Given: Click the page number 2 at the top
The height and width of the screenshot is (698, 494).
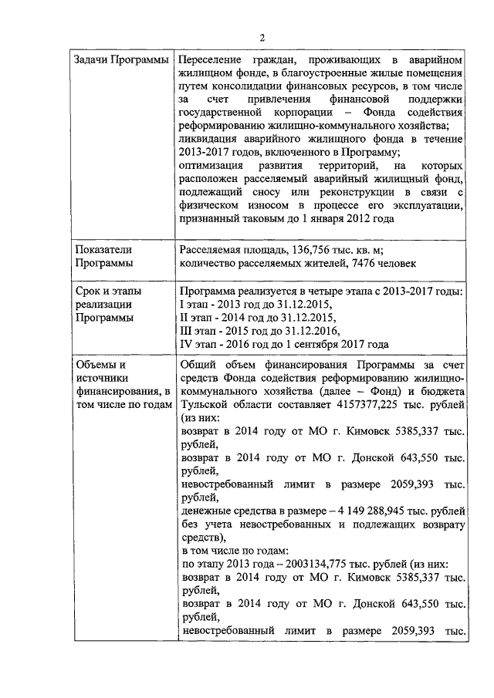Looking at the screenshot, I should (x=262, y=38).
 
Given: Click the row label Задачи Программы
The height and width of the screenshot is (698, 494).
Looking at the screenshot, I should (x=120, y=60).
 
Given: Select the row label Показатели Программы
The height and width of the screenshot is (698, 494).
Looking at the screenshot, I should (x=104, y=256).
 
